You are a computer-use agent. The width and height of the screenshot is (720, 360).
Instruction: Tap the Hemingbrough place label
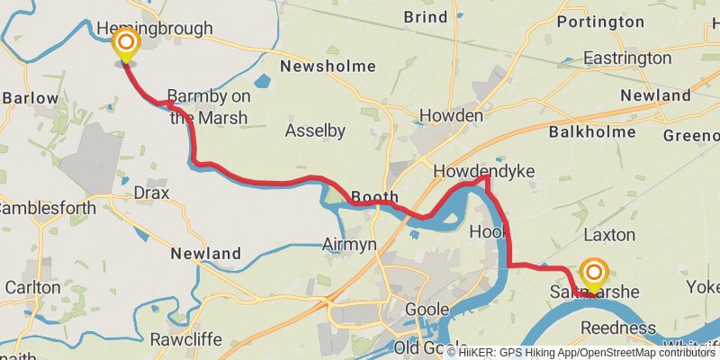pyautogui.click(x=154, y=29)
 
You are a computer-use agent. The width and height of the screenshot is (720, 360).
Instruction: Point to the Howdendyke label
pyautogui.click(x=483, y=170)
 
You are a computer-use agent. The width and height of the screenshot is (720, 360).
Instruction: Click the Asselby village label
pyautogui.click(x=315, y=131)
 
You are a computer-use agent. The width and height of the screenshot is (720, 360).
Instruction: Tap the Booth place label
pyautogui.click(x=374, y=196)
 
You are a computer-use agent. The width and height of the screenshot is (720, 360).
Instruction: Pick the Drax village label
pyautogui.click(x=150, y=193)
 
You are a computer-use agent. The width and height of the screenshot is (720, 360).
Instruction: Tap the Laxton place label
pyautogui.click(x=609, y=235)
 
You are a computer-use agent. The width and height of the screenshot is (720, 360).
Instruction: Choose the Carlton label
pyautogui.click(x=32, y=287)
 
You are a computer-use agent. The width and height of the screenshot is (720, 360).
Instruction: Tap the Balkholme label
pyautogui.click(x=592, y=132)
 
